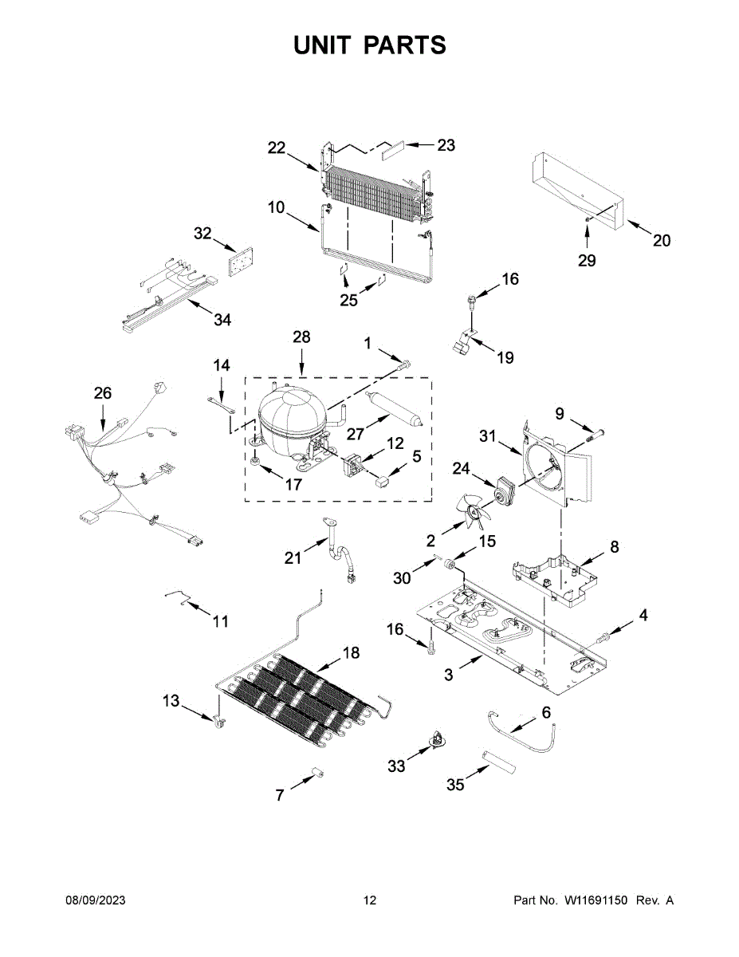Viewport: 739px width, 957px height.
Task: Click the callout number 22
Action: (277, 148)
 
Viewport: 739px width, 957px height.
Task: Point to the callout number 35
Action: (455, 784)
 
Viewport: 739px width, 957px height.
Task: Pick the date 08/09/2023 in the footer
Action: (95, 900)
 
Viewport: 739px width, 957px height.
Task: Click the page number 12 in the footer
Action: (370, 900)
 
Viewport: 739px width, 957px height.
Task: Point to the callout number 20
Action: (661, 241)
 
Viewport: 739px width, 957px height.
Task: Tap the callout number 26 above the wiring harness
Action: (103, 393)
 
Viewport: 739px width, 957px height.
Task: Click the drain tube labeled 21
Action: (340, 549)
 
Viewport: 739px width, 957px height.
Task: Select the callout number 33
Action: (396, 766)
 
